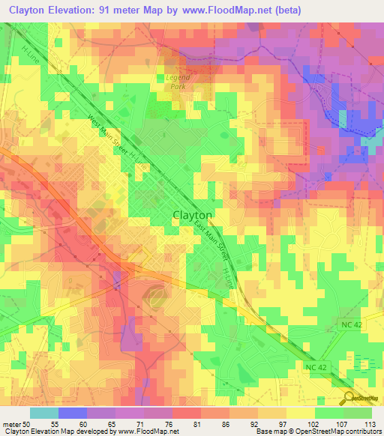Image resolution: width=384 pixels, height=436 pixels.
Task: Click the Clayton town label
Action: click(193, 214)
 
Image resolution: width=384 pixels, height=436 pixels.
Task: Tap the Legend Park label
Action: click(178, 82)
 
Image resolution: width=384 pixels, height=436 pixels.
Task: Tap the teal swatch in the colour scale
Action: click(44, 414)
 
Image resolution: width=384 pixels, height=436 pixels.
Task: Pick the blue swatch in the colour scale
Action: click(73, 414)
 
